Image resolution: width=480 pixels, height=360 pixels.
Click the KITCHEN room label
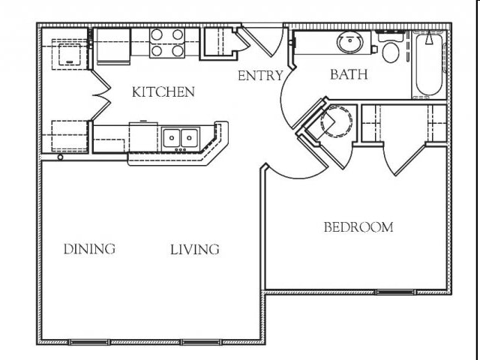point(163,91)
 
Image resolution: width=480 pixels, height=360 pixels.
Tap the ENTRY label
point(260,76)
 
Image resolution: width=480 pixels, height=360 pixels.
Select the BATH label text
point(349,74)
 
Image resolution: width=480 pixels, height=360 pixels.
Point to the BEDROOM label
point(358,227)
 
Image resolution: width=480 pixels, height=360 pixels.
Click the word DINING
point(89,249)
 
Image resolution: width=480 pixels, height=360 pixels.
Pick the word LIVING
point(195,250)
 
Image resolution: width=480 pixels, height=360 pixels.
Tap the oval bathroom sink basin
point(350,42)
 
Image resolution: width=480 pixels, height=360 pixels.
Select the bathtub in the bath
point(428,65)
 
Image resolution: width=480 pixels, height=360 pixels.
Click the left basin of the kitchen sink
point(172,138)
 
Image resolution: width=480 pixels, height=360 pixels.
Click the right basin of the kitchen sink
point(190,138)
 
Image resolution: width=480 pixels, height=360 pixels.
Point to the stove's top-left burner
point(157,35)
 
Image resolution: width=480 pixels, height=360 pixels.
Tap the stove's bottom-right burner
point(178,51)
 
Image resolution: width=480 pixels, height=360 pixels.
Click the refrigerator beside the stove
point(113,46)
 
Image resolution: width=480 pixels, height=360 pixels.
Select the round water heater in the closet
point(336,121)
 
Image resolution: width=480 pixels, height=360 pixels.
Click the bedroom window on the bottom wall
point(395,292)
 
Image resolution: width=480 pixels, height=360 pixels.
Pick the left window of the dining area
point(89,342)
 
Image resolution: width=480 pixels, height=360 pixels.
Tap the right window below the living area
point(200,342)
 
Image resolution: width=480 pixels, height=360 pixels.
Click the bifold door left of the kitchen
point(101,95)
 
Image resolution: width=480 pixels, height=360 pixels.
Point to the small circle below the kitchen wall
point(60,157)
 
